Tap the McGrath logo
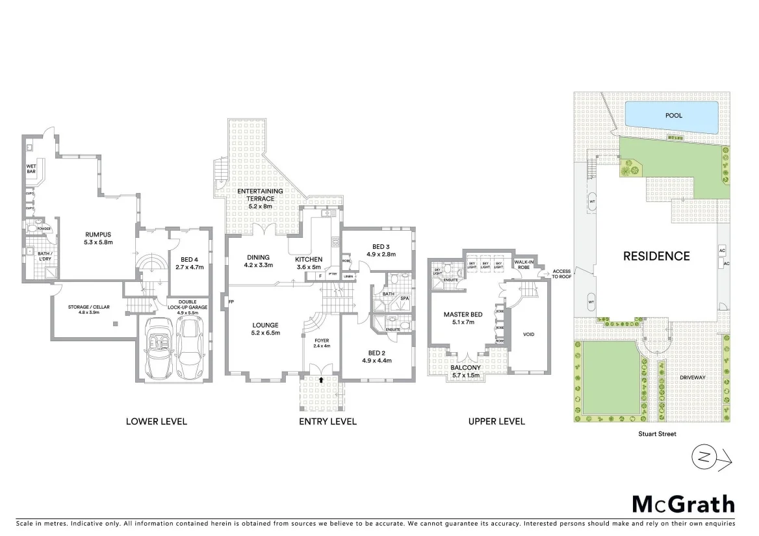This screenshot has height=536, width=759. coord(684,504)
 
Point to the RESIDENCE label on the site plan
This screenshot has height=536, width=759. coord(656,256)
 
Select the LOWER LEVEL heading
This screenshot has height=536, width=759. coord(156,422)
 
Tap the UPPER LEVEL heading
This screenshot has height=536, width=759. coord(496,422)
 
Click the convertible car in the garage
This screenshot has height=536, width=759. coord(157,349)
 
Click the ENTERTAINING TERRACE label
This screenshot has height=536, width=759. coord(259,194)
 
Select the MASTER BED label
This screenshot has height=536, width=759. coord(459,315)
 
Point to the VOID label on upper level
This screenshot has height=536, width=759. coord(528,335)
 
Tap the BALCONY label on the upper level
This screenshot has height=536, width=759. coord(465,368)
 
